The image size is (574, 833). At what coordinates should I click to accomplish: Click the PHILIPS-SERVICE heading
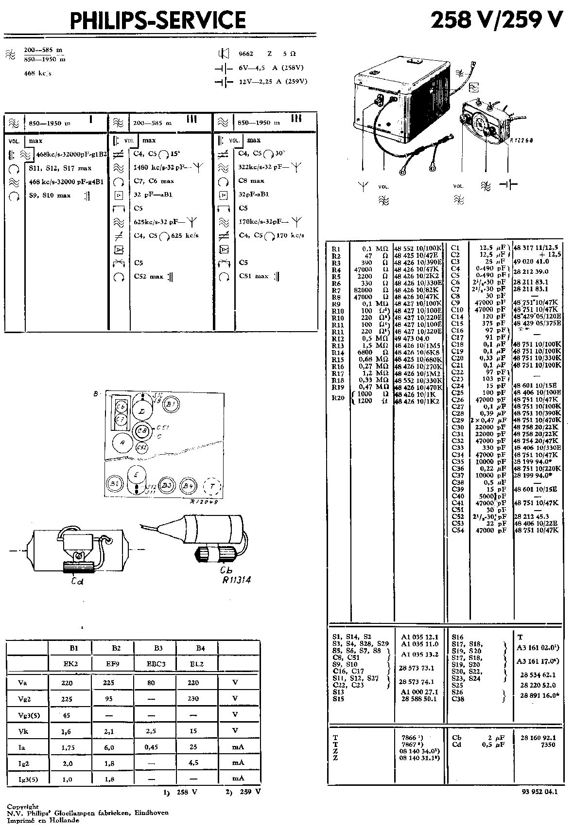158,20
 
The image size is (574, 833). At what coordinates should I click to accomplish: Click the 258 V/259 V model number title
497,20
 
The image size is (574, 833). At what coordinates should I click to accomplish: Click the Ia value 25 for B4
193,747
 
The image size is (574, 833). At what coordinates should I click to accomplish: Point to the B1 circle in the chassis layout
170,404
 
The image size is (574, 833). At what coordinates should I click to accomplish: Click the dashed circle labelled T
211,486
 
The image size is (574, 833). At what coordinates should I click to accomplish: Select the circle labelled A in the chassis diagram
122,443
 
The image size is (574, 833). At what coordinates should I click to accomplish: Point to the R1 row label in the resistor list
336,249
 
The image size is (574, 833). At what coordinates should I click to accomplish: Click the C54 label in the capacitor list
458,531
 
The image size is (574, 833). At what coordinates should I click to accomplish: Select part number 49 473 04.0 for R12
412,338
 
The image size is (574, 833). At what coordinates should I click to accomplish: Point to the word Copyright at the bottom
22,807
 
